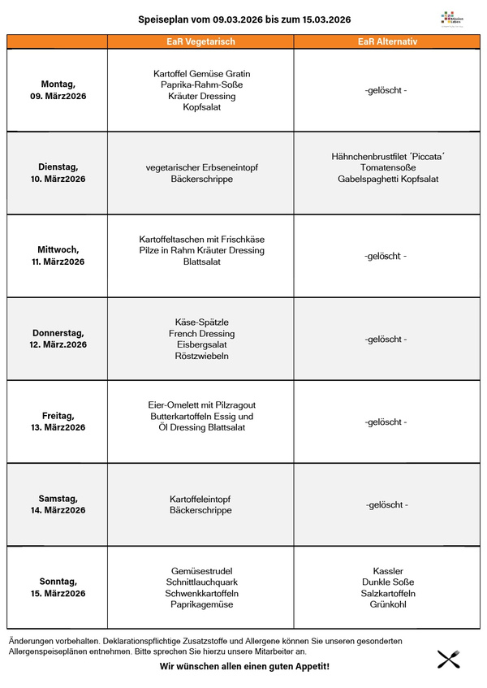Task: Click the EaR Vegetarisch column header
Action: point(200,41)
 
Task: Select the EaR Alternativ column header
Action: point(387,41)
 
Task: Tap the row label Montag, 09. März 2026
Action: point(58,90)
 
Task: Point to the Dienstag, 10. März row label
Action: point(58,173)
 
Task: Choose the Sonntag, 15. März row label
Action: point(58,587)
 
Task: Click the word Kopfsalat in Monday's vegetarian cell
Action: point(201,107)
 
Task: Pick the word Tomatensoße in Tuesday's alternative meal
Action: point(388,167)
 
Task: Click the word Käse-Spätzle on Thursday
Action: point(201,322)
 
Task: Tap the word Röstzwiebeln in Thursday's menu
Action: point(201,356)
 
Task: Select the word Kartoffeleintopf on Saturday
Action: point(200,499)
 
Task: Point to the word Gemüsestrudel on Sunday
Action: point(200,571)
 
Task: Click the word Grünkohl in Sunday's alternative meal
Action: point(388,604)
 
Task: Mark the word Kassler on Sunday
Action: point(388,571)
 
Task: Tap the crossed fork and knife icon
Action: point(449,659)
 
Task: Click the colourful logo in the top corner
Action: point(450,19)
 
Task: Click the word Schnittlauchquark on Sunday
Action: point(200,582)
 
